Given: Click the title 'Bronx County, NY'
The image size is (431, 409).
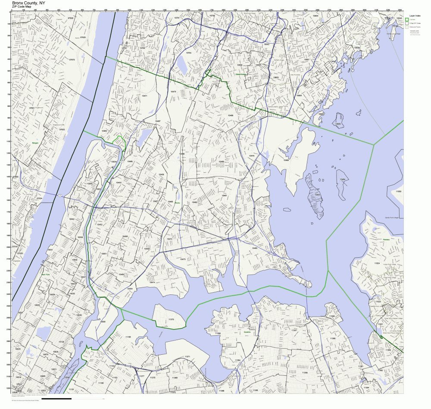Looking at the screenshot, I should pos(28,3).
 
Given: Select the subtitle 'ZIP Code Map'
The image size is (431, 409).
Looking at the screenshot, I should pos(22,7).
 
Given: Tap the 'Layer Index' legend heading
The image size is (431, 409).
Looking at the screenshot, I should pos(415,15).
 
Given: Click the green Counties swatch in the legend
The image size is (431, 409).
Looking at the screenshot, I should pos(406,20).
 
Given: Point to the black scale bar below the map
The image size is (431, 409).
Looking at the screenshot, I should pos(56,398).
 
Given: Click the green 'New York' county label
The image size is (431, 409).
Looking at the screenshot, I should pos(46,274).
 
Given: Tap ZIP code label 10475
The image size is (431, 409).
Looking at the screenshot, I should pos(252,156).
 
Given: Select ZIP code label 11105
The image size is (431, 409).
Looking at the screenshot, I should pos(128,337).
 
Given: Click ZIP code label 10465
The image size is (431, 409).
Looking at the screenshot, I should pos(255,248).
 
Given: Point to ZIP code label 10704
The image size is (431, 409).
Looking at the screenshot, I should pos(188,53).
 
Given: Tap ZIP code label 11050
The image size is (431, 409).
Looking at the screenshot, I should pos(399,191).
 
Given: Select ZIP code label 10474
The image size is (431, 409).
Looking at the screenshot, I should pos(152,282).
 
